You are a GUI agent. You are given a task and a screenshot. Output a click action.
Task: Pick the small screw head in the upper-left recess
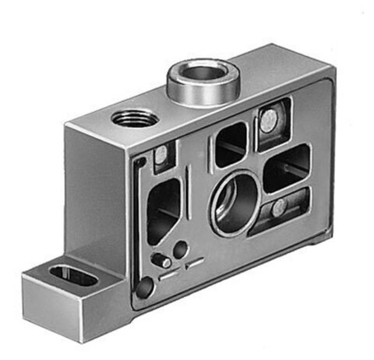(161, 156)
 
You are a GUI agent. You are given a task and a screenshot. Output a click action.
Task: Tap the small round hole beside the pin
(180, 249)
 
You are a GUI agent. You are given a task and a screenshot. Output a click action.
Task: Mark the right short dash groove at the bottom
(194, 266)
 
